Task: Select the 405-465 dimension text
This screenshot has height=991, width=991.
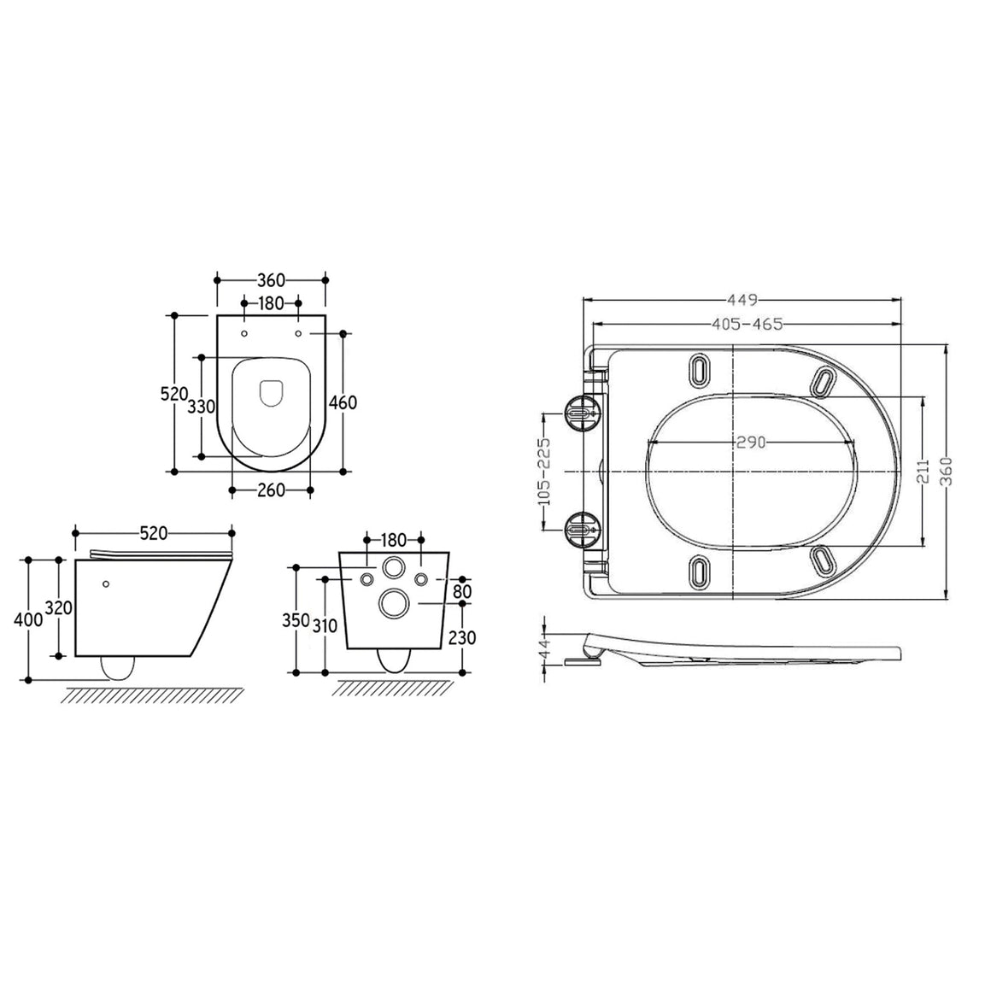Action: tap(748, 325)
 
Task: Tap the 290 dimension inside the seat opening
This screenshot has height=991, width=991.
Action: tap(751, 443)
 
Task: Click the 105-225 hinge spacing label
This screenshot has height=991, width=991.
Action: tap(543, 472)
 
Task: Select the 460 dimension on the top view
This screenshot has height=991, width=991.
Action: tap(343, 402)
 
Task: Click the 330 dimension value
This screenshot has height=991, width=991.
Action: tap(202, 407)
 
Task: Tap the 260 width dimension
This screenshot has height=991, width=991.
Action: tap(271, 490)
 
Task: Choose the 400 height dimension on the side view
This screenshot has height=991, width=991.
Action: tap(28, 620)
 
